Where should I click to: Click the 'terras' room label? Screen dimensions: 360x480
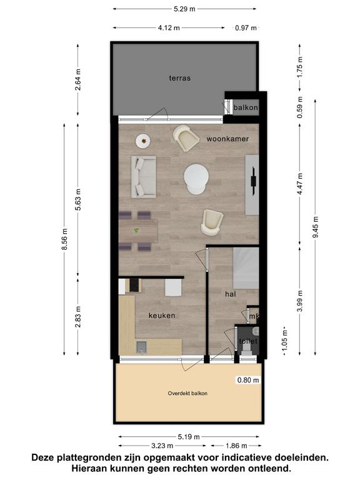(x=180, y=78)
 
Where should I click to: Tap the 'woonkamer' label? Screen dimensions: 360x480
(x=227, y=139)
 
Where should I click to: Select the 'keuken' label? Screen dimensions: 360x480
(x=162, y=315)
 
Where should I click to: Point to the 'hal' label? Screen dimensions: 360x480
(x=230, y=294)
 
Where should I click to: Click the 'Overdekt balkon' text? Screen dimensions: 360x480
(x=187, y=393)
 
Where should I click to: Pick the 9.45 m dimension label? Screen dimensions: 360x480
(x=316, y=227)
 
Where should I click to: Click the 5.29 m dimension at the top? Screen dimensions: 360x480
(x=184, y=9)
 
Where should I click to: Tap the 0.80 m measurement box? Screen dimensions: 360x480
(x=248, y=380)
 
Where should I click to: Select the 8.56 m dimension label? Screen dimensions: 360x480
(x=64, y=239)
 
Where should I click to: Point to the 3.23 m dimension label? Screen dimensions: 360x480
(x=162, y=446)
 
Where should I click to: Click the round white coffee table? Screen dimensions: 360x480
(x=196, y=179)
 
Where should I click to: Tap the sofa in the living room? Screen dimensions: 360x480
(x=144, y=177)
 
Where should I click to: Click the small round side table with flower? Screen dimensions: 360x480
(x=143, y=141)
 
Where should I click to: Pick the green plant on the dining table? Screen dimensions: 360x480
(x=136, y=230)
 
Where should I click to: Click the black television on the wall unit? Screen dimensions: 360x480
(x=254, y=181)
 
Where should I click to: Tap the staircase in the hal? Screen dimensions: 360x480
(x=246, y=269)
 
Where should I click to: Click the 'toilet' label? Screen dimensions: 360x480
(x=247, y=341)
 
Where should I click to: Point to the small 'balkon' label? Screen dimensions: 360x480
(x=246, y=107)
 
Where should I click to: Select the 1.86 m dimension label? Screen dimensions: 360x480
(x=236, y=446)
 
